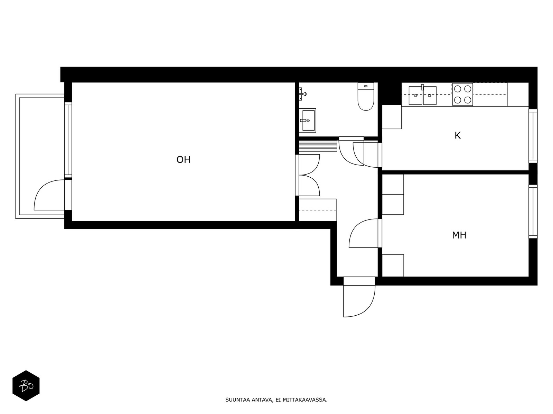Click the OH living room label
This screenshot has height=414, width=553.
184,160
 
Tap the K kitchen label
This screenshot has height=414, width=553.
458,136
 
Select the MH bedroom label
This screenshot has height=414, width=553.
459,235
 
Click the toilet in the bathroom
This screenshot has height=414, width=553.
366,97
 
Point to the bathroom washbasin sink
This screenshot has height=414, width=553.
308,120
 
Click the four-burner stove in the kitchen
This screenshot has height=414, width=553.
462,94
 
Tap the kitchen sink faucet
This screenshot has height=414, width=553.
422,88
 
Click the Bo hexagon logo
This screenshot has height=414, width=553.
26,386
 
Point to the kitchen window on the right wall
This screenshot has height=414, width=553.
533,136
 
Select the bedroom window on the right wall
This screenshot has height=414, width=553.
533,211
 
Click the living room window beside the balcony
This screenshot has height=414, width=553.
68,140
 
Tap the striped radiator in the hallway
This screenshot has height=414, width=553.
318,146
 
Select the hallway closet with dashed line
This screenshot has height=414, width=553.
317,210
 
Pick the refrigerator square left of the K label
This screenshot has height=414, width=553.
392,117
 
